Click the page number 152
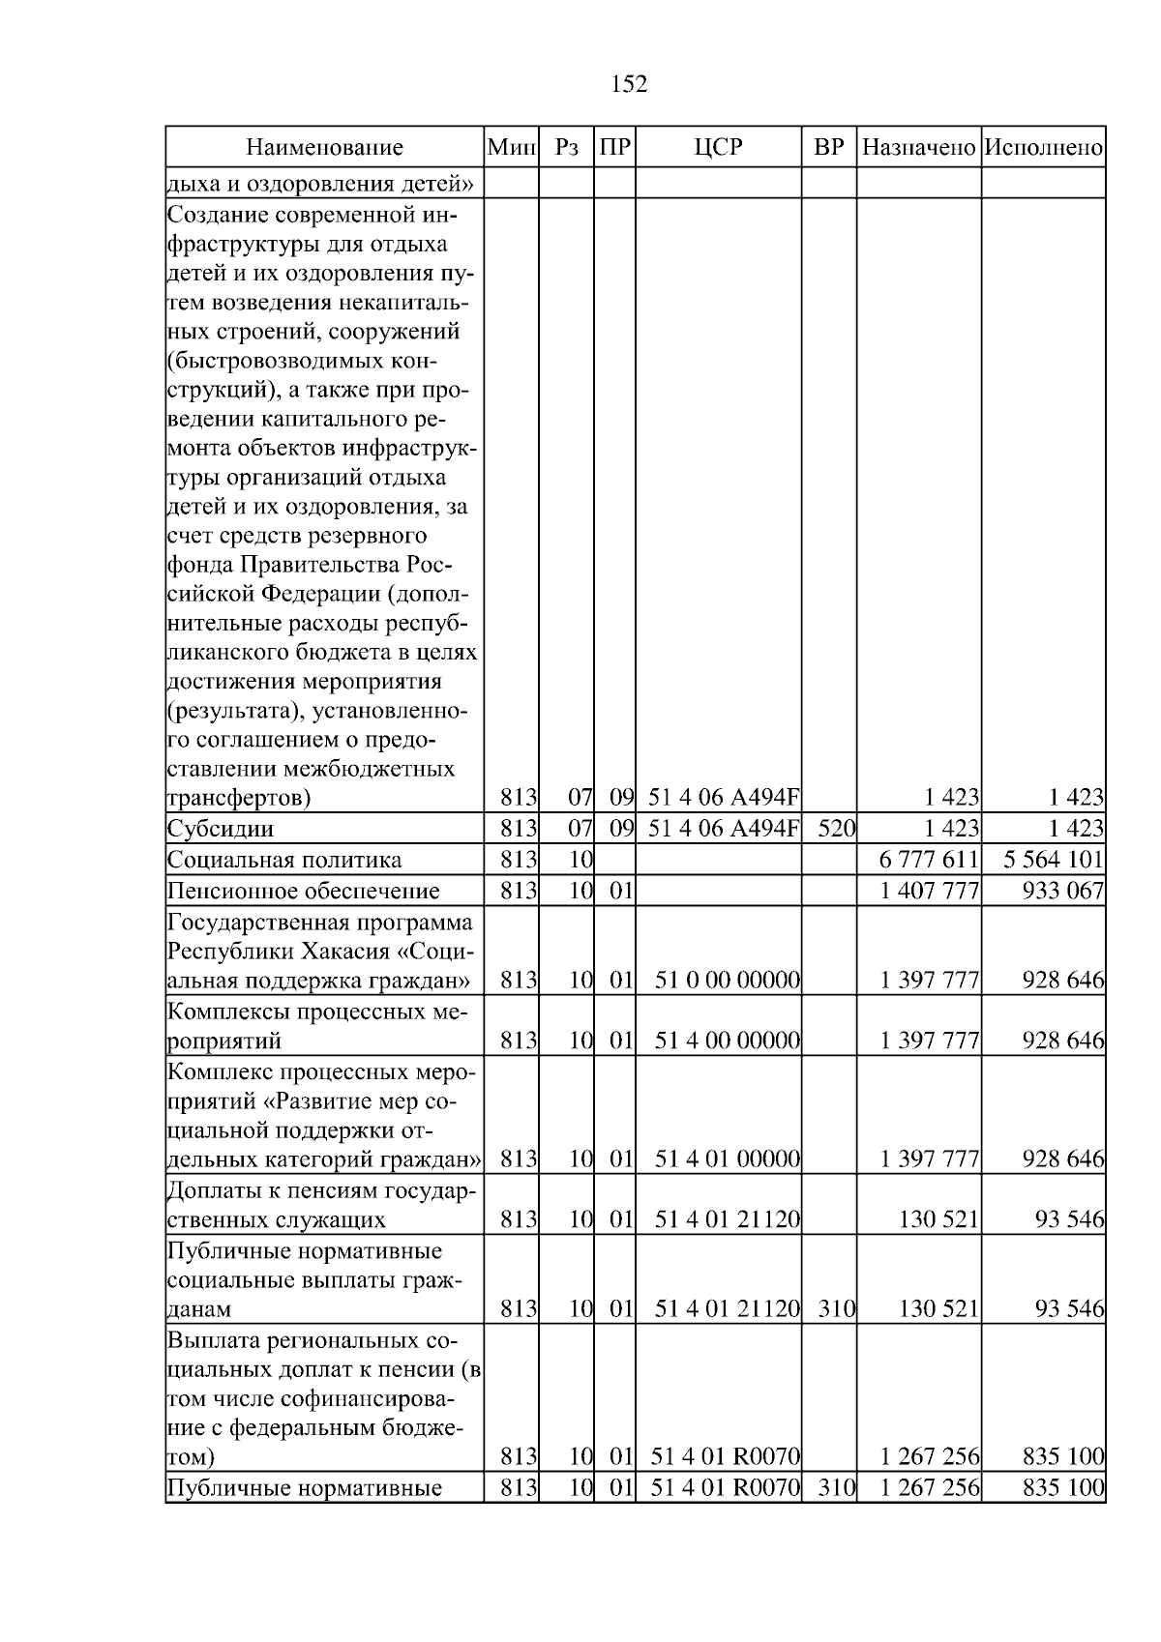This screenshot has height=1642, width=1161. point(629,84)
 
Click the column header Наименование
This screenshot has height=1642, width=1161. point(324,148)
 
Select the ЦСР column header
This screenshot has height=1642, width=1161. point(718,148)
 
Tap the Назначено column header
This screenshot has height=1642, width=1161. point(918,148)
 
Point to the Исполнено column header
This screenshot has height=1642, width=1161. point(1043,148)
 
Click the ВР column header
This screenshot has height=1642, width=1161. point(828,148)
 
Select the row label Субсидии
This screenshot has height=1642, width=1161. point(221,830)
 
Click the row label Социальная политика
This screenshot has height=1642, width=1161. point(283,861)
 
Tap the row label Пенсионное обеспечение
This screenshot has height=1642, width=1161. point(303,892)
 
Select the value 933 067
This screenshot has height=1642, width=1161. point(1063,892)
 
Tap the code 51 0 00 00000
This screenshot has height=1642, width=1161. point(728,981)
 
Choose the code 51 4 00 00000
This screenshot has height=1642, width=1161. point(728,1041)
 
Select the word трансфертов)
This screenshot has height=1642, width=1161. point(239,799)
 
